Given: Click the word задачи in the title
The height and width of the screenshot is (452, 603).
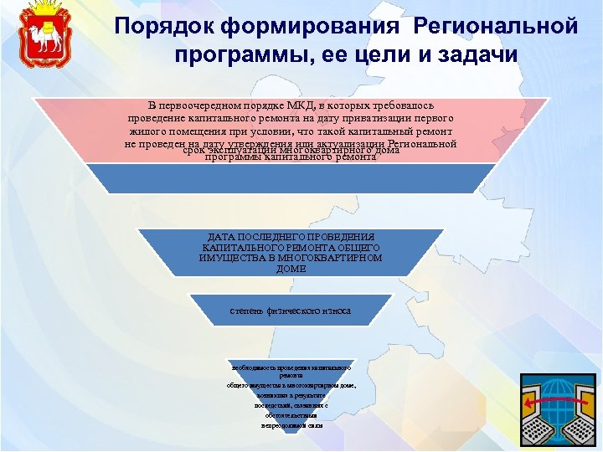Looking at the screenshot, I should [476, 55].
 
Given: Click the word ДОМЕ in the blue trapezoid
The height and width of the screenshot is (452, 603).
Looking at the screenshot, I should [291, 270].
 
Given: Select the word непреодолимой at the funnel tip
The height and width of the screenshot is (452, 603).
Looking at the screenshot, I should [281, 425].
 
